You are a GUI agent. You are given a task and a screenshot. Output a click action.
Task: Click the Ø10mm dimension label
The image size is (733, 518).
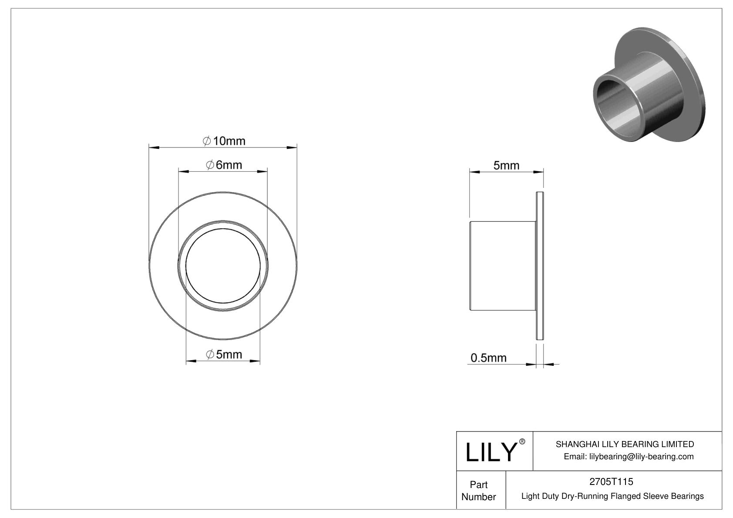pos(224,141)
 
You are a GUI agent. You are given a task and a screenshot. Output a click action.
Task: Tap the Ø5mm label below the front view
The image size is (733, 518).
pos(224,354)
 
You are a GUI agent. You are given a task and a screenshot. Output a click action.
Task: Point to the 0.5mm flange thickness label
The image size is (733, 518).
pos(488,358)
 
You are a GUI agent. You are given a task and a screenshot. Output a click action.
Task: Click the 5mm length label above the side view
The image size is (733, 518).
pos(506,165)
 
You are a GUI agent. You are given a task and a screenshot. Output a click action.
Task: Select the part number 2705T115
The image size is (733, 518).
pos(611,481)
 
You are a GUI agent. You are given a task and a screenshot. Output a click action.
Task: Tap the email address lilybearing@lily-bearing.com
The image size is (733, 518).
pos(629,456)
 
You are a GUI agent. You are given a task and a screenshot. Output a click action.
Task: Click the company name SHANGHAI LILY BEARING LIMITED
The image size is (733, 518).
pos(625,444)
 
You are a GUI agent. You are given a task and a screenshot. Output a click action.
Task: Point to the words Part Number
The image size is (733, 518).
pos(479,491)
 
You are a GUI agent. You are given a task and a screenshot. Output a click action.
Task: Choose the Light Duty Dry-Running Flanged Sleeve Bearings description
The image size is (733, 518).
pos(612,496)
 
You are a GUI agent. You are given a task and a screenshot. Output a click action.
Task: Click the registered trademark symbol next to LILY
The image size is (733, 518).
pos(522,442)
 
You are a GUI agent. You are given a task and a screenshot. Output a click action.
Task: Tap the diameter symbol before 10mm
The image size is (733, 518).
pos(207,141)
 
